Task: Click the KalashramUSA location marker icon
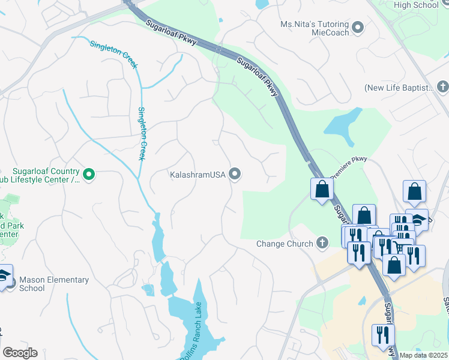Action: point(235,175)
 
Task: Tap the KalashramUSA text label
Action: point(196,175)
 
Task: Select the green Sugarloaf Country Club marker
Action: point(89,175)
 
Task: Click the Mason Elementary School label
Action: point(54,284)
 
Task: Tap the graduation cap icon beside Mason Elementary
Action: point(4,275)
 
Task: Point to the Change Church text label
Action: point(285,244)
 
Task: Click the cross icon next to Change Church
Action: point(322,243)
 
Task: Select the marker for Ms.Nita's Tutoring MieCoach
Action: point(358,28)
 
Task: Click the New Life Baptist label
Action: point(399,88)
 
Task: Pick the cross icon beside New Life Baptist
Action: point(442,88)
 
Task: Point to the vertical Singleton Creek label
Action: point(142,133)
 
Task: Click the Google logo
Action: point(20,353)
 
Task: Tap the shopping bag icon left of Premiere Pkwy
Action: point(322,189)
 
